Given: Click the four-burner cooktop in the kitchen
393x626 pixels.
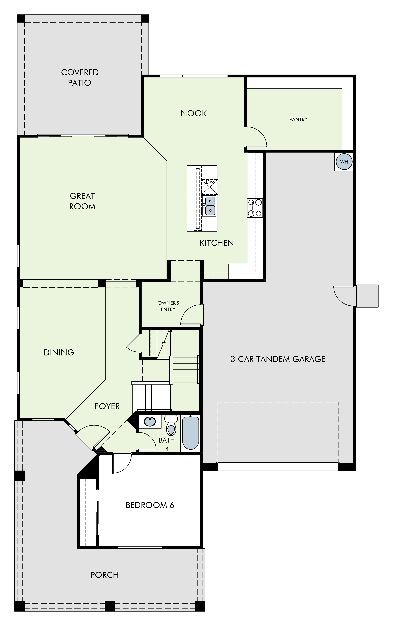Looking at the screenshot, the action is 255,208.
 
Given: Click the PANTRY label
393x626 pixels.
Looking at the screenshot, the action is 298,119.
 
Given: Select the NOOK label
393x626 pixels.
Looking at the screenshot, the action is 194,113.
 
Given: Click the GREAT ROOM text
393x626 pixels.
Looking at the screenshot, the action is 82,201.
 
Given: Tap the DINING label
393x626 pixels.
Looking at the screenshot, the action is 59,352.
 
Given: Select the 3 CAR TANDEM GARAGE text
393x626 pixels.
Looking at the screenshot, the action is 278,359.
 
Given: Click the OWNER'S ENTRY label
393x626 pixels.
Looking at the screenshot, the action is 168,306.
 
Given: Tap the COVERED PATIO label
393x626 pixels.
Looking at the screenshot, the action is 80,77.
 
